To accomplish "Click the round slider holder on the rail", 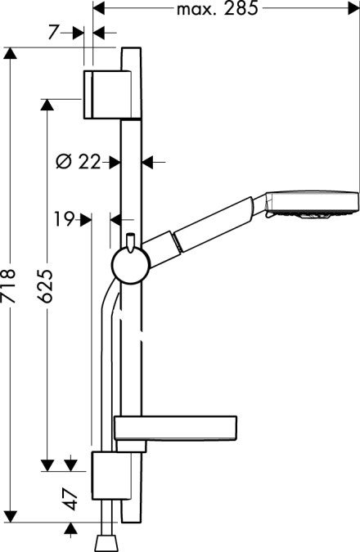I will (128, 267).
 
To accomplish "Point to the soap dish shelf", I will (177, 427).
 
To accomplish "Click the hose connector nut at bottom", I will (106, 542).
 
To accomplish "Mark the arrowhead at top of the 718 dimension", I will (10, 53).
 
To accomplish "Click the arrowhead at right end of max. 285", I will (353, 10).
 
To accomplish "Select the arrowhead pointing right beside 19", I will (85, 219).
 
